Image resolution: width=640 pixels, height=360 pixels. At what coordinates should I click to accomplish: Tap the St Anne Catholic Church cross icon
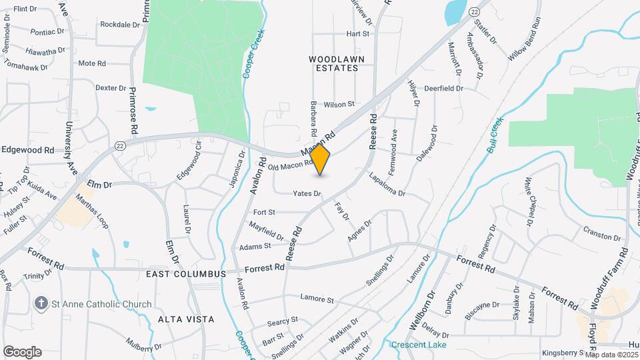tap(41, 304)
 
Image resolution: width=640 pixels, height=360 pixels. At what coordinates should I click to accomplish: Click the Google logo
tap(22, 351)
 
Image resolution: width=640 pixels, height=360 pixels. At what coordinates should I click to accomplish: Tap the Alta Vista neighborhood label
tap(186, 319)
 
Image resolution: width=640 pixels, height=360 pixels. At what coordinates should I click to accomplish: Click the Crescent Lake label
tap(418, 345)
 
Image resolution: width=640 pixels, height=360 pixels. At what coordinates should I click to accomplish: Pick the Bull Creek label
tap(494, 136)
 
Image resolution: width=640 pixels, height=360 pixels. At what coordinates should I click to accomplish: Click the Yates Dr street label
tap(307, 194)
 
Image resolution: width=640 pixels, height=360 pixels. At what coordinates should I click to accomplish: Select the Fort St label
tap(264, 212)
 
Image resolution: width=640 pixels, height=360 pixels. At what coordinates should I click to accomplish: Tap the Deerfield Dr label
tap(443, 87)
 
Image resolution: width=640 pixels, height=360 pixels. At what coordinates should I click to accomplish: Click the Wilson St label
tap(339, 105)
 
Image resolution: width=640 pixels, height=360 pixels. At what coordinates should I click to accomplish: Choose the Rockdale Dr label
tap(120, 24)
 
